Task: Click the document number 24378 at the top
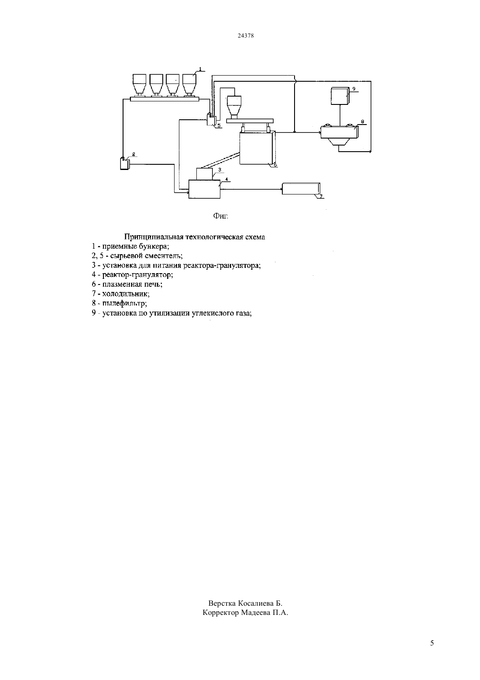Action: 245,35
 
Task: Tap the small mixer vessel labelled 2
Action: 124,163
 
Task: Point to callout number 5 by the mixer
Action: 219,125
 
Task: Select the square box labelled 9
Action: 339,96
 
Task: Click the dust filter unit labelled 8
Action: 339,135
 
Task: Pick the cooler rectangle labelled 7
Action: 301,188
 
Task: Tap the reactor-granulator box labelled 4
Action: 205,189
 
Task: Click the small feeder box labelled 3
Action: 205,173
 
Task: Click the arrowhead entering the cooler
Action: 281,189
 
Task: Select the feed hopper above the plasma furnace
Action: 234,107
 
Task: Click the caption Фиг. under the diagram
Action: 221,216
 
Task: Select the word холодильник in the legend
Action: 126,294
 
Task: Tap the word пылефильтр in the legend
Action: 124,303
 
